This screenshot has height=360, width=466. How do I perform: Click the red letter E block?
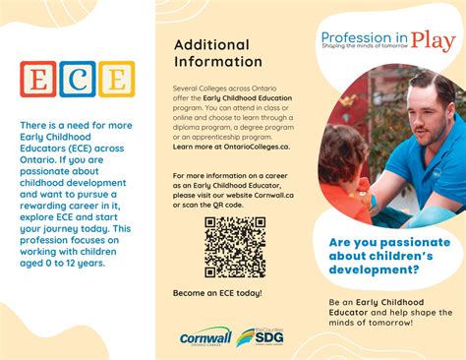coord(38,79)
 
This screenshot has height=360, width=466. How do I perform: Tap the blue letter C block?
coord(78,79)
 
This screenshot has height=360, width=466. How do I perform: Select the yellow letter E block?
coord(116,79)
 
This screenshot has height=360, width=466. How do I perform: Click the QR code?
coord(234,247)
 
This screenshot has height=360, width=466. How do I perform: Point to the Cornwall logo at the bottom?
coord(205,336)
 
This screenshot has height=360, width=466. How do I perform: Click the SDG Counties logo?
coord(260,336)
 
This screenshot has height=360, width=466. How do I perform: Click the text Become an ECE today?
coord(217,293)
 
